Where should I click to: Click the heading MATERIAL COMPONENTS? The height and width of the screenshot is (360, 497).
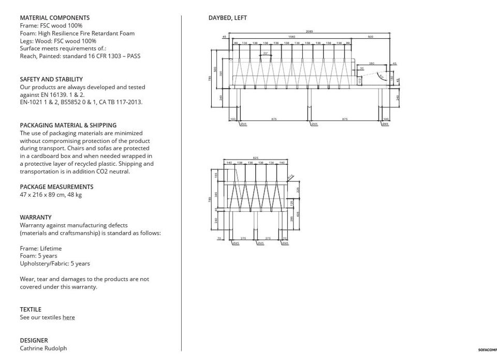click(54, 18)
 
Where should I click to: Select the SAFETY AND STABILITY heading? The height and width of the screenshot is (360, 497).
click(51, 79)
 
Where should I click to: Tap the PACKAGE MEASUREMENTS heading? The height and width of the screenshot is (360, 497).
click(56, 186)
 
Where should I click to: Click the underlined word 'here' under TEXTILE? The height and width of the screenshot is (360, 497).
click(68, 318)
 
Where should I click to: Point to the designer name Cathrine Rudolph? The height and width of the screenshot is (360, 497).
click(43, 348)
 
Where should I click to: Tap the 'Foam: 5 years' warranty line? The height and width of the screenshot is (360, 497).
click(38, 256)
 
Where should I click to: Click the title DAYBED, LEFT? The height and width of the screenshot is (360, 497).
click(227, 18)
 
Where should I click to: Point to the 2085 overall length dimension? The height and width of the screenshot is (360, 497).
click(309, 32)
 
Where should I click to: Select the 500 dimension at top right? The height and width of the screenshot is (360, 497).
click(370, 37)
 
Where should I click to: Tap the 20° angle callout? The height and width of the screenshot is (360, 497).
click(266, 53)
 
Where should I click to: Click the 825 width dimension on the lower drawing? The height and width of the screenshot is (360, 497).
click(255, 158)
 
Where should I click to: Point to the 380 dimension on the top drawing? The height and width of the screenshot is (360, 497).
click(371, 63)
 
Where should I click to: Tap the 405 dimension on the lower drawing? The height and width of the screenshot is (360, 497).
click(298, 213)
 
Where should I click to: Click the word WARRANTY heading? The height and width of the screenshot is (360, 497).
click(36, 218)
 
